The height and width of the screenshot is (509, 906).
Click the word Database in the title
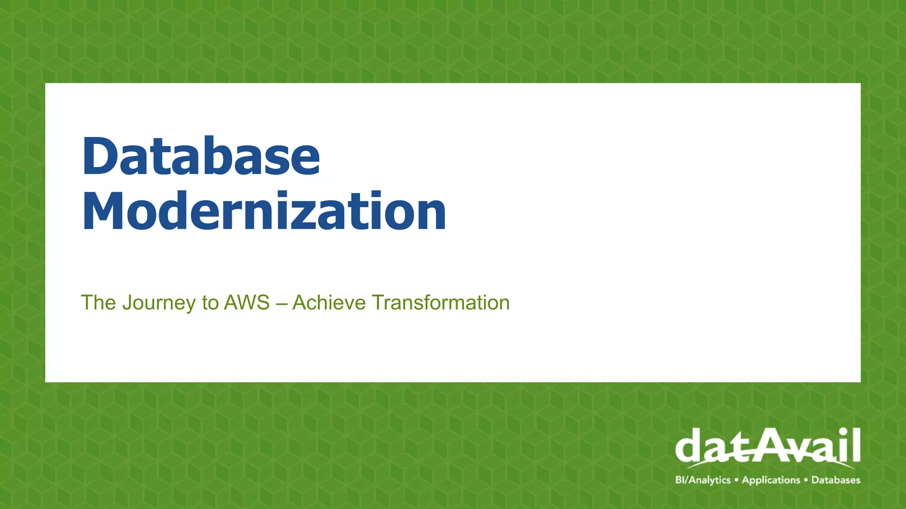[x=201, y=156]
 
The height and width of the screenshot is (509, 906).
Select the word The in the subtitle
[x=98, y=303]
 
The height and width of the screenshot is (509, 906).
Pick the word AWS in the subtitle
[x=247, y=303]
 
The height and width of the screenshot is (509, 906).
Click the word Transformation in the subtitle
[x=441, y=303]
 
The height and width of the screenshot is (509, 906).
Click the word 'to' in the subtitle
[x=210, y=303]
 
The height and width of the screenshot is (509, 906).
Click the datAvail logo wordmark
[x=768, y=446]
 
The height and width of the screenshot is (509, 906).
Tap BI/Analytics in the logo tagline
[x=703, y=480]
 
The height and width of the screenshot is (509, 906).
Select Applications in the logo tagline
[x=771, y=480]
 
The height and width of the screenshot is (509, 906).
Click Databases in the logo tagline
[x=836, y=480]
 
